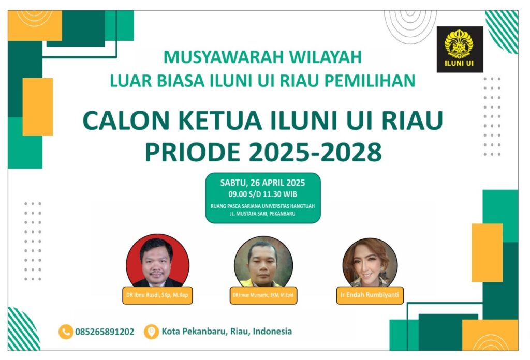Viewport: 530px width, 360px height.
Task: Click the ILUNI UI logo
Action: click(460, 49)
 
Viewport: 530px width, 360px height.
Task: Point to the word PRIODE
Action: click(193, 152)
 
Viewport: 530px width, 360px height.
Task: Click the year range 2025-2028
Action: click(315, 152)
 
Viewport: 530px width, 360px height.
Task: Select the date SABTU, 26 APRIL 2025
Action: click(262, 183)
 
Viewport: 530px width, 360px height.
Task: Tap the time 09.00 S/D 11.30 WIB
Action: click(262, 194)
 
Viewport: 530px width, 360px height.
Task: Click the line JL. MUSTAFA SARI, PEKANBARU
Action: click(262, 214)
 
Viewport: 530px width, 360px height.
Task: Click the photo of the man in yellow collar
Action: click(263, 261)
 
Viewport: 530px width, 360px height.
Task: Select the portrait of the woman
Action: click(370, 262)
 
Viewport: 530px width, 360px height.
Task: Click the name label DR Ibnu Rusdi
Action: click(157, 295)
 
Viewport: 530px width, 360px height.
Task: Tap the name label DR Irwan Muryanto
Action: click(263, 295)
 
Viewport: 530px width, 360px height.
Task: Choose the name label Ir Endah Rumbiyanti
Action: click(370, 295)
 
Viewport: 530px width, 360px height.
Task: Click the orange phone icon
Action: click(66, 332)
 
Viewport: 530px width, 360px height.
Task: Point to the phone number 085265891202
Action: click(105, 332)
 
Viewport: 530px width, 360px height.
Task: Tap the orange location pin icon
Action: click(151, 332)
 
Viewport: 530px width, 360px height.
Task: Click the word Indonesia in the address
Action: click(272, 332)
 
